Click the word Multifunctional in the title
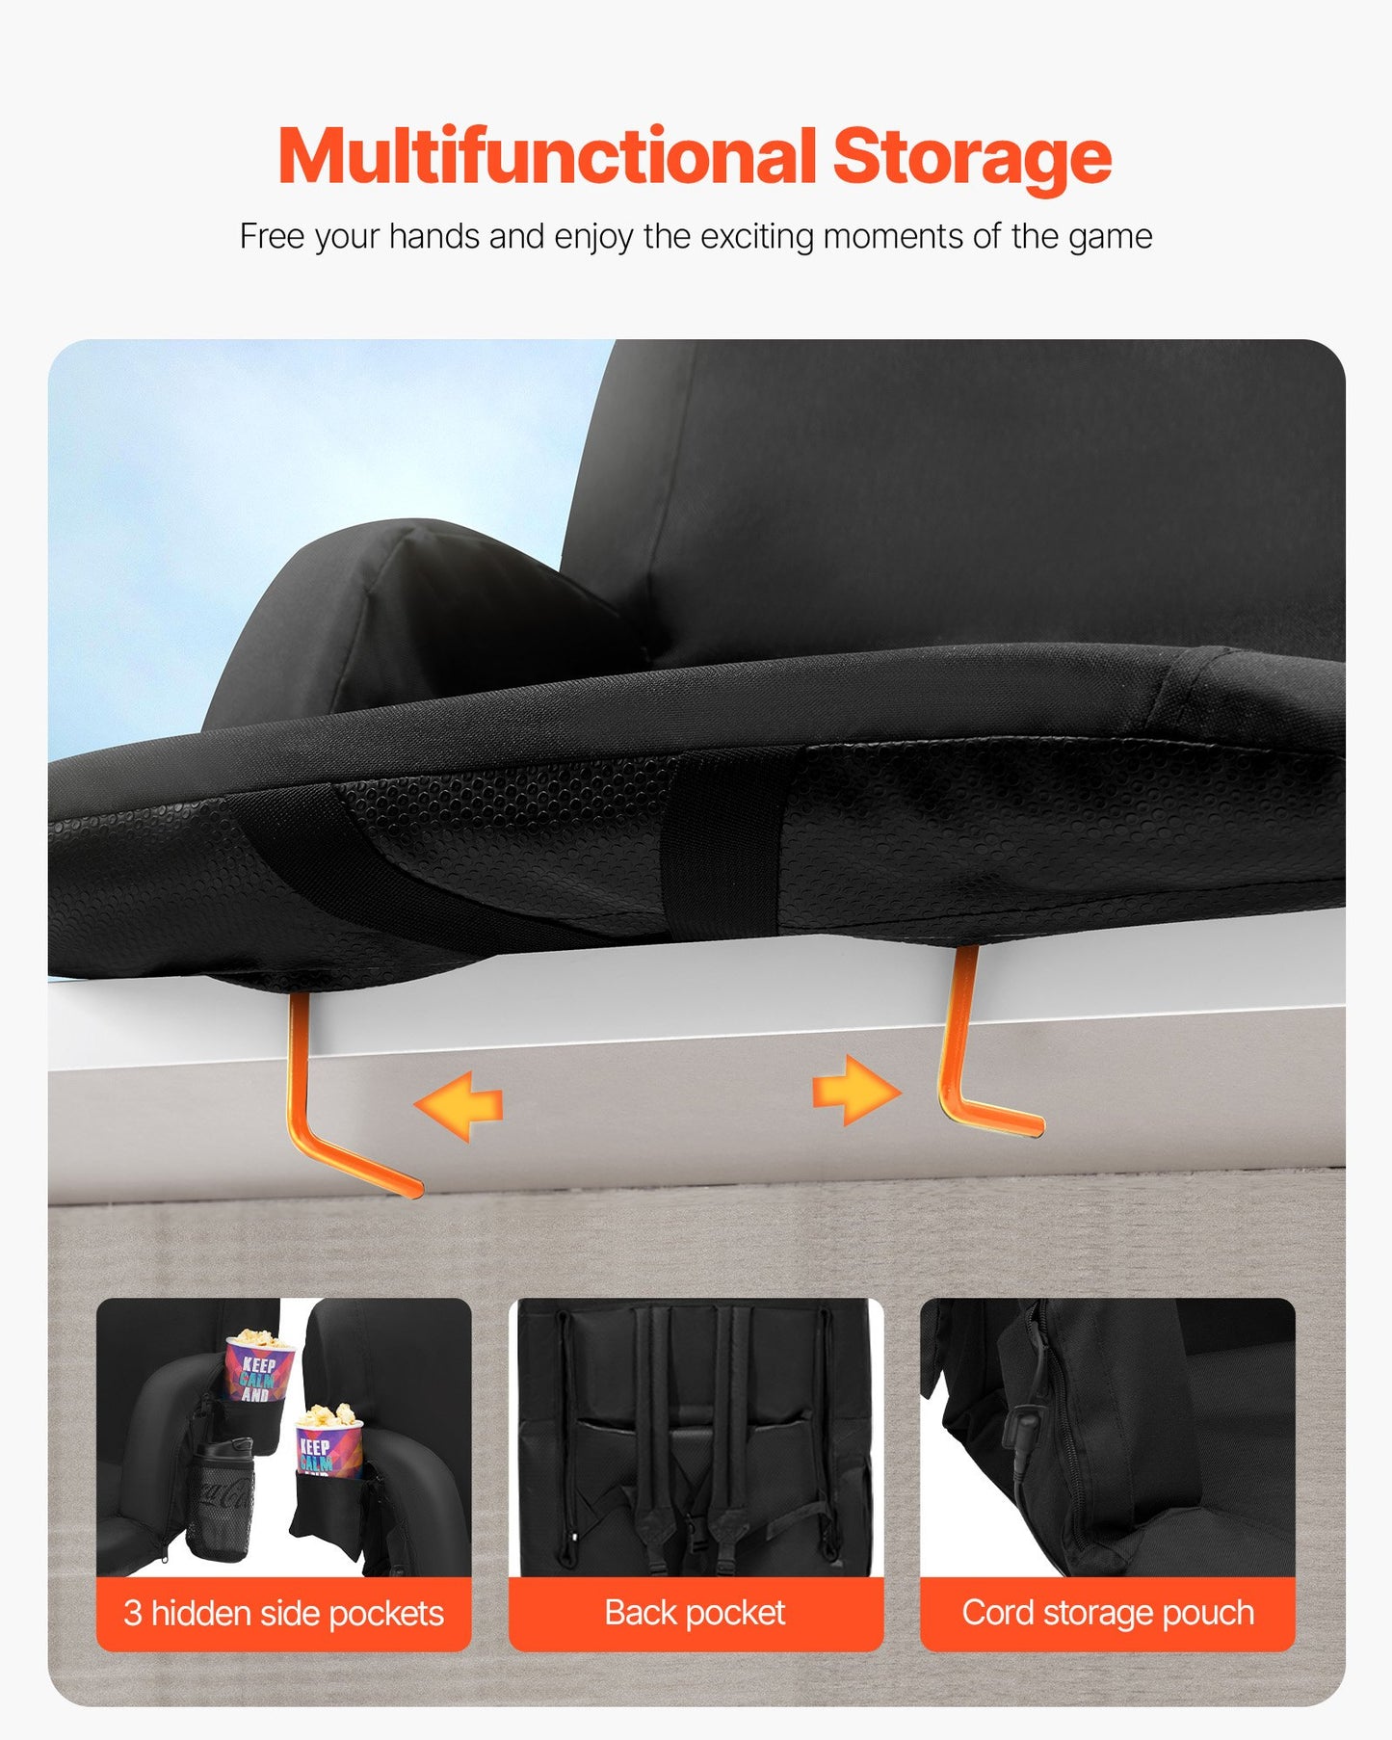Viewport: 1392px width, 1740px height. coord(547,156)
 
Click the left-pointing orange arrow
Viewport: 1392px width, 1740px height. coord(459,1106)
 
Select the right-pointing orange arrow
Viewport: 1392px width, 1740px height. coord(856,1090)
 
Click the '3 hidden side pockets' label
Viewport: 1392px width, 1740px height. coord(283,1613)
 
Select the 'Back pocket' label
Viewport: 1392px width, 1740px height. coord(696,1613)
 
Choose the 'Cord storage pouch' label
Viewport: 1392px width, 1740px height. coord(1108,1613)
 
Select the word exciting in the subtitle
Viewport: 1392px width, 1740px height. coord(757,238)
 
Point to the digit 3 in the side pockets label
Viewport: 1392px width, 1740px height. coord(133,1614)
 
